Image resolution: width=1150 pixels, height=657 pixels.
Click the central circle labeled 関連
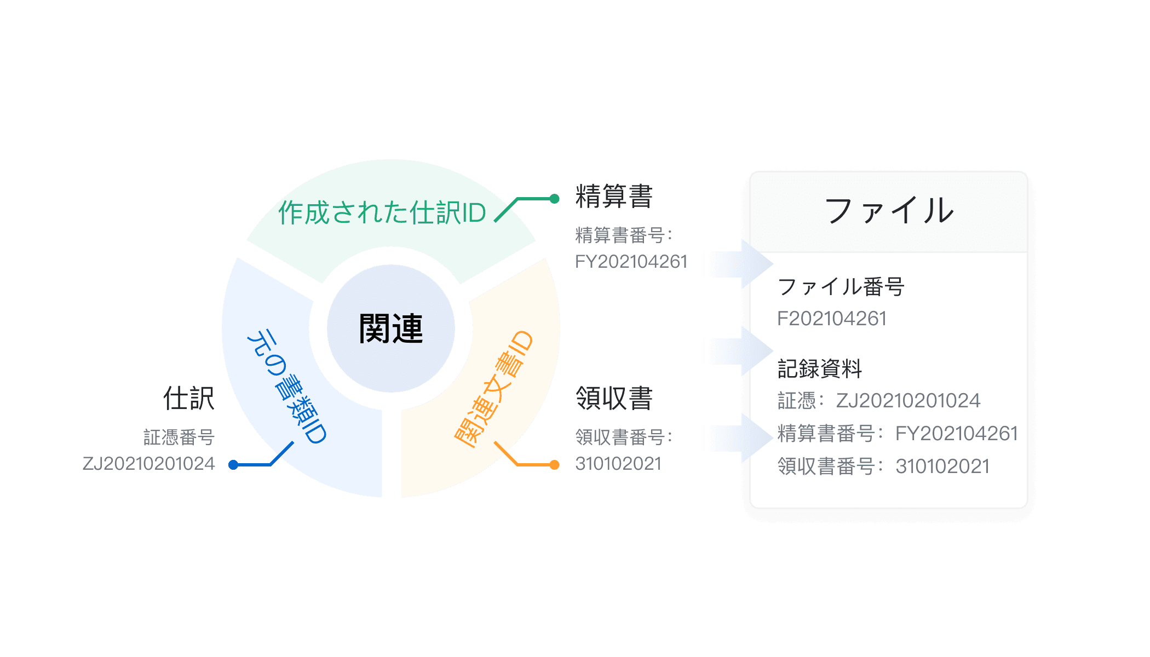coord(390,328)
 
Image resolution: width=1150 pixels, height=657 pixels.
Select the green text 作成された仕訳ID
coord(382,212)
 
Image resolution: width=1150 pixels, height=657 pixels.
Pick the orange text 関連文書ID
coord(493,389)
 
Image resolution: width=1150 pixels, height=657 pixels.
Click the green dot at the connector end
coord(554,199)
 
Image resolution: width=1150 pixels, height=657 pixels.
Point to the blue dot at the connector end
coord(234,465)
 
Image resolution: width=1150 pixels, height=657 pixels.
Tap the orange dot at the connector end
coord(554,465)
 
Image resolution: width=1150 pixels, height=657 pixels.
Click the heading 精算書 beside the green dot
coord(613,196)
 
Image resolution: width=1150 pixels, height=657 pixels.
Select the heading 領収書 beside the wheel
coord(613,398)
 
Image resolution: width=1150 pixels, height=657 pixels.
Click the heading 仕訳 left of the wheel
coord(189,398)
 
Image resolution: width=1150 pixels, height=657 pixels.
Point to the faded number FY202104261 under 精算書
coord(631,262)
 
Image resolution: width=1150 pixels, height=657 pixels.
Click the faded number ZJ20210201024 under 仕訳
coord(148,464)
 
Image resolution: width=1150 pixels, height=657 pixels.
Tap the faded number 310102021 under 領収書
coord(618,464)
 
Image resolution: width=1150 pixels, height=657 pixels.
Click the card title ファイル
coord(888,211)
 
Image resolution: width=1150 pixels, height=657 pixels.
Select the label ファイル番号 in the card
coord(841,287)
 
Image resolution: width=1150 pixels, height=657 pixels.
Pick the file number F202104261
coord(832,319)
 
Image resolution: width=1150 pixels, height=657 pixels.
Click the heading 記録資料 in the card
coord(820,368)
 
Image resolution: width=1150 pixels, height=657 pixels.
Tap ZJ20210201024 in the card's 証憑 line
coord(908,401)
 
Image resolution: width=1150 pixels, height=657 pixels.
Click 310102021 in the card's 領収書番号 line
coord(942,466)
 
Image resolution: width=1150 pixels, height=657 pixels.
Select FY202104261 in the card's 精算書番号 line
coord(956,434)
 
